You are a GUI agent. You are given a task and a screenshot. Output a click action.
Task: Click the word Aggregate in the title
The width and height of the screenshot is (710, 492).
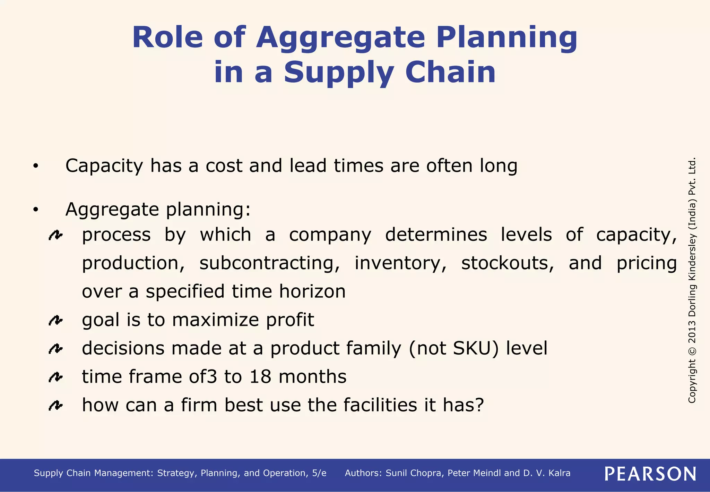click(x=340, y=38)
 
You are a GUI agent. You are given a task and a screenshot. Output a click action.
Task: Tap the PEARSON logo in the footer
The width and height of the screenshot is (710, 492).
click(x=650, y=474)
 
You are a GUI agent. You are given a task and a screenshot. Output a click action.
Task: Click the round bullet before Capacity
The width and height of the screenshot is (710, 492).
click(x=35, y=167)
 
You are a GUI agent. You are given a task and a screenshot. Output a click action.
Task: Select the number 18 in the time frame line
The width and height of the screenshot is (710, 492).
click(x=260, y=377)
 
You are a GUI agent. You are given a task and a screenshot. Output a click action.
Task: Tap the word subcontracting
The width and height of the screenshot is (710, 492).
click(x=269, y=263)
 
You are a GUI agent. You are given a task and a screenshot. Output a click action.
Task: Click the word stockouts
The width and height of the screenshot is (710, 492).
click(x=508, y=263)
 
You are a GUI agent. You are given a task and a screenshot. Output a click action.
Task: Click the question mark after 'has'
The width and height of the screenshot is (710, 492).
click(x=479, y=405)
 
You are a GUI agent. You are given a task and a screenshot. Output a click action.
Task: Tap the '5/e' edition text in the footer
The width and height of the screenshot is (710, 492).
click(x=319, y=473)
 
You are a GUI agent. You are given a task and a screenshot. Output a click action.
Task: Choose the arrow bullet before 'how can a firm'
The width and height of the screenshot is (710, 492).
click(x=55, y=405)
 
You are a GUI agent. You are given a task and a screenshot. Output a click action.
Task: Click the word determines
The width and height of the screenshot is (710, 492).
click(x=436, y=235)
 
